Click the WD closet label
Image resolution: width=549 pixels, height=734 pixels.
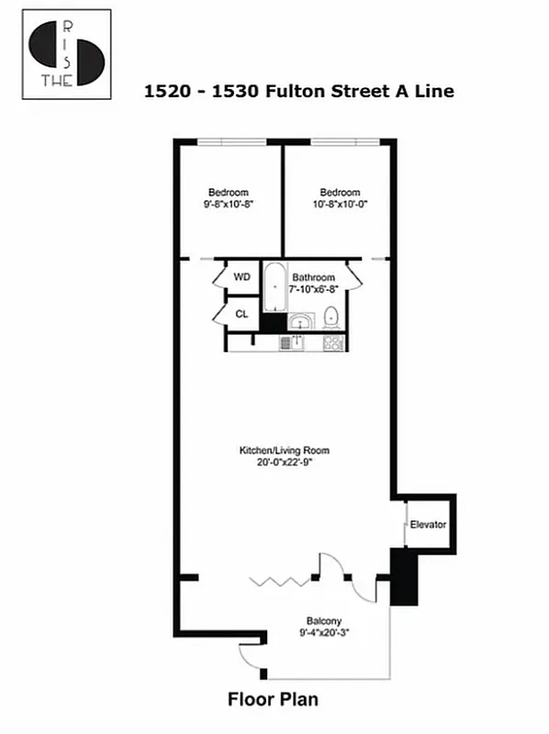(x=241, y=276)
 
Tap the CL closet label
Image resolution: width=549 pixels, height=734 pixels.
(x=241, y=314)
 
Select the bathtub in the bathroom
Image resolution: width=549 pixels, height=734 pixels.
(x=274, y=288)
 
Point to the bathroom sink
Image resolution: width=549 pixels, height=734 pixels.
(x=300, y=321)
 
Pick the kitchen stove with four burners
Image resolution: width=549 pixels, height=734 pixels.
(x=333, y=343)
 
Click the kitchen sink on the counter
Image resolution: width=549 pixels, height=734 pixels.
(x=297, y=343)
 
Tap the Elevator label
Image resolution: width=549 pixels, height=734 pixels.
(x=428, y=525)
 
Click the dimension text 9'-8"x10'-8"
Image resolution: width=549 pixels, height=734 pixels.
(x=228, y=205)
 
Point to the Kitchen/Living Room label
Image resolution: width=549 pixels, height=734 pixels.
(x=284, y=450)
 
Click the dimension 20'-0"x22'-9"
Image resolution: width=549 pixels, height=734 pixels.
(x=284, y=462)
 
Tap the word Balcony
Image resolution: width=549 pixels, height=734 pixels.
(x=325, y=621)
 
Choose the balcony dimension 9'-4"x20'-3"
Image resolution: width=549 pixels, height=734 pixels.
(x=325, y=633)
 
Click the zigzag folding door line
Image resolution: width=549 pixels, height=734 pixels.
(x=274, y=580)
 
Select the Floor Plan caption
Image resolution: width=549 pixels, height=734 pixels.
(x=273, y=700)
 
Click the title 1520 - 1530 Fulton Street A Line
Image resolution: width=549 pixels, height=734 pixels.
(x=299, y=91)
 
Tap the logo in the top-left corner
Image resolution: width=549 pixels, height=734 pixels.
(x=66, y=54)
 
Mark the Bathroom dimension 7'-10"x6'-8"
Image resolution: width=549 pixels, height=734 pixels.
(x=314, y=289)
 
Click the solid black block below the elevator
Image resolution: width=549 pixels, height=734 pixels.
(x=404, y=577)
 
